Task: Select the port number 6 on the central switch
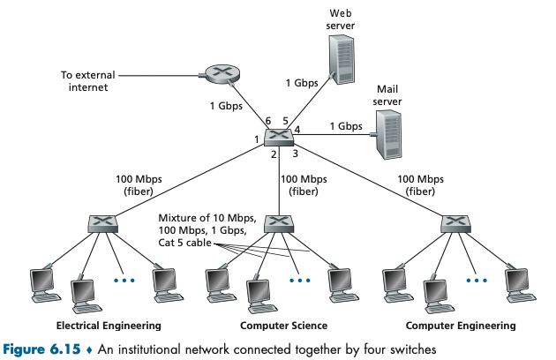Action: [x=268, y=121]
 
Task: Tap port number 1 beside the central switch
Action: [x=257, y=139]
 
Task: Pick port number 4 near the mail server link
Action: [x=297, y=130]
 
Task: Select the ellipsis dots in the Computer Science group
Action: [x=300, y=281]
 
